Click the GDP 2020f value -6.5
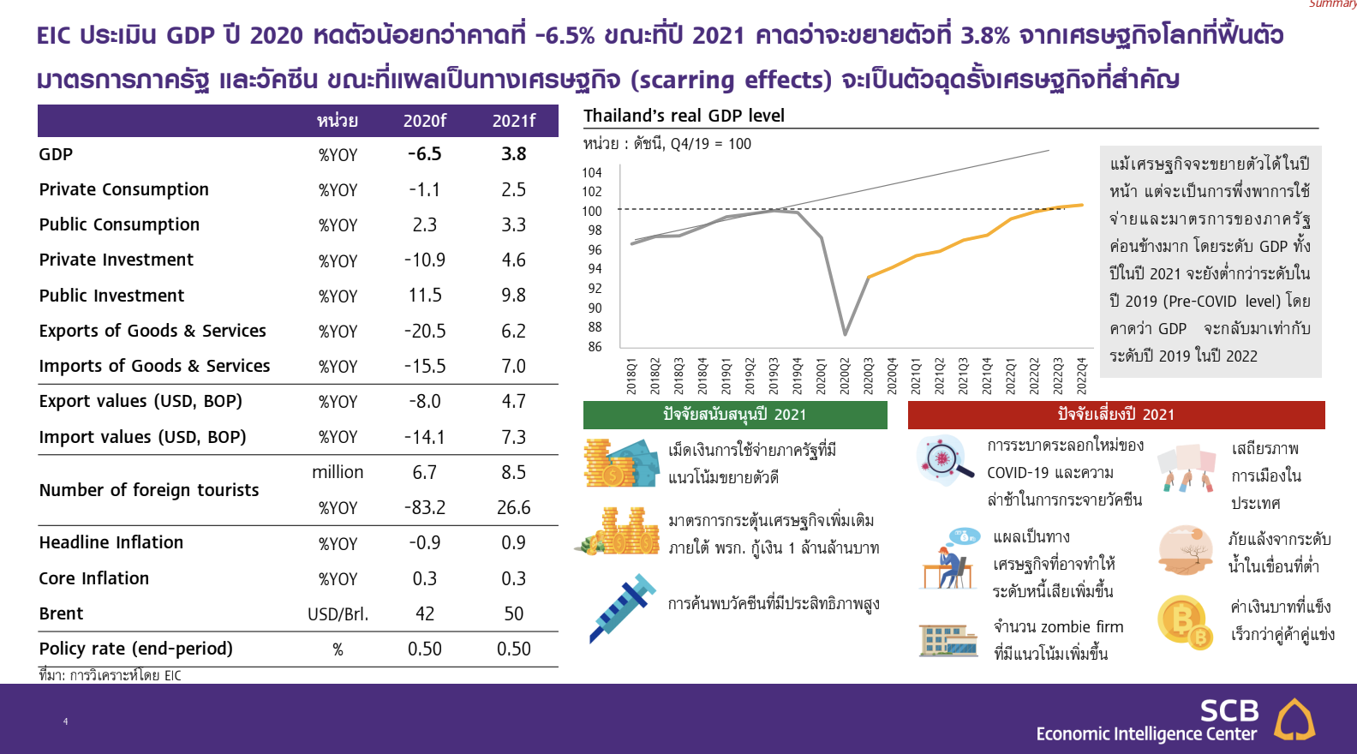tap(424, 154)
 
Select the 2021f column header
tap(513, 121)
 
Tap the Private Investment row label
tap(116, 260)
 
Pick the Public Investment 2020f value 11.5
tap(425, 296)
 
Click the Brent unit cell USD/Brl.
tap(338, 614)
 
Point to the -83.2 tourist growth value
tap(425, 507)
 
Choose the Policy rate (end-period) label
tap(135, 649)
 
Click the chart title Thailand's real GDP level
tap(684, 115)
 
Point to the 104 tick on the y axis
tap(592, 173)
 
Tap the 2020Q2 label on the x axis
tap(845, 376)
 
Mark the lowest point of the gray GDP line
tap(845, 334)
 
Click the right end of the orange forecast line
tap(1083, 205)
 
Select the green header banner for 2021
tap(735, 415)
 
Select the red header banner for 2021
tap(1116, 415)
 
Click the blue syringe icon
tap(623, 608)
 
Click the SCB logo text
tap(1230, 710)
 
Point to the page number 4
tap(65, 721)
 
